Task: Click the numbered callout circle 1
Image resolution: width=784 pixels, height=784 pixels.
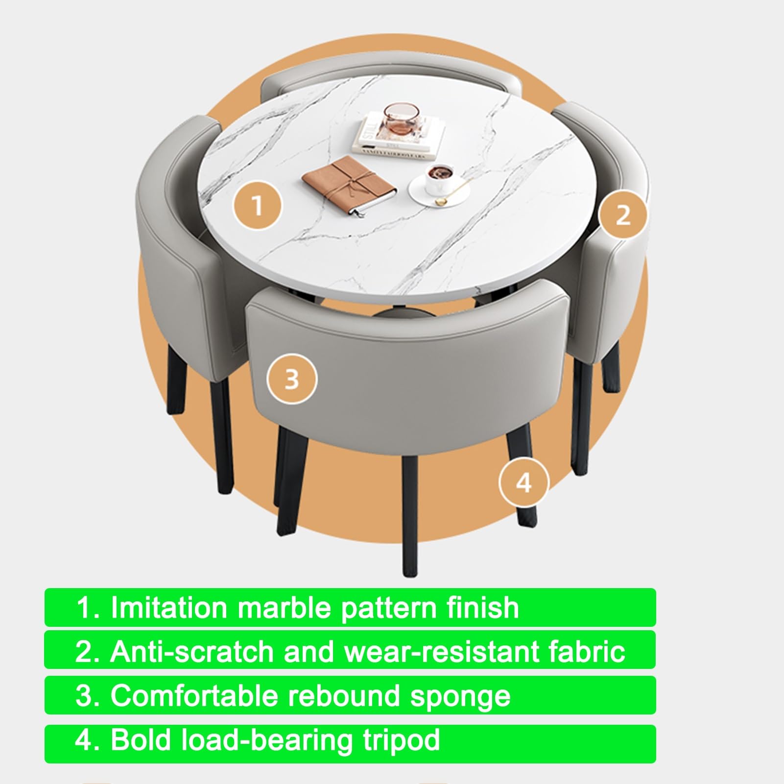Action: tap(257, 206)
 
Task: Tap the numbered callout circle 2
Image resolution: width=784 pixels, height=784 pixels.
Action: tap(622, 214)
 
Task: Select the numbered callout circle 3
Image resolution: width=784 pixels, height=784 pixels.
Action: tap(292, 379)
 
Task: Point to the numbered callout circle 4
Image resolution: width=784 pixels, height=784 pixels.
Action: tap(524, 483)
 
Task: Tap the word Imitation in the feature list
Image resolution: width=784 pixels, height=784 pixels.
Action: tap(169, 608)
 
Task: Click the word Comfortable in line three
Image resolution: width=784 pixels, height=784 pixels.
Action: tap(194, 696)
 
